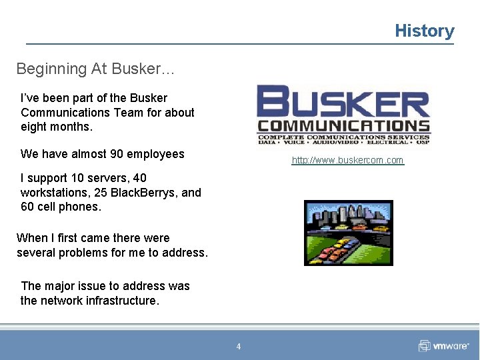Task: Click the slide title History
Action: [424, 31]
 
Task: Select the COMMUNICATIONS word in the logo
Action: [344, 125]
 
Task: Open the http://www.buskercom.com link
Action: [347, 160]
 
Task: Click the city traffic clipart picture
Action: [348, 233]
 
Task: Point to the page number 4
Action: [239, 346]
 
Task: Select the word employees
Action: [155, 154]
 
